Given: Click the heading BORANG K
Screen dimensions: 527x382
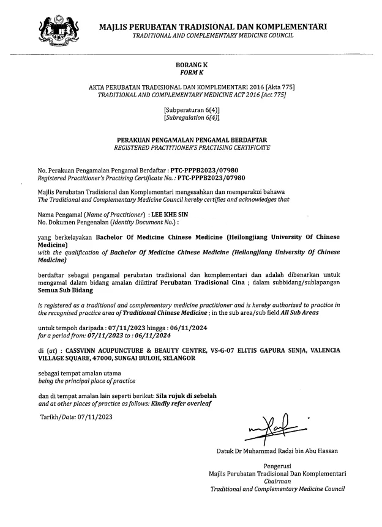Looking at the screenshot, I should point(192,64).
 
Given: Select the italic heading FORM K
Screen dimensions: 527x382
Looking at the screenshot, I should point(192,72).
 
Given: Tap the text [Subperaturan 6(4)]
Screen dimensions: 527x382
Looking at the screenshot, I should point(191,109).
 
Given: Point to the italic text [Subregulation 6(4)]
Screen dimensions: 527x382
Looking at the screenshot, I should point(192,117).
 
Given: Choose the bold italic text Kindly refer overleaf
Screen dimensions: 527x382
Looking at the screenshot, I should point(175,404).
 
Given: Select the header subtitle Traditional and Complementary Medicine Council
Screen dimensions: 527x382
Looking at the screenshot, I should point(212,35).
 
